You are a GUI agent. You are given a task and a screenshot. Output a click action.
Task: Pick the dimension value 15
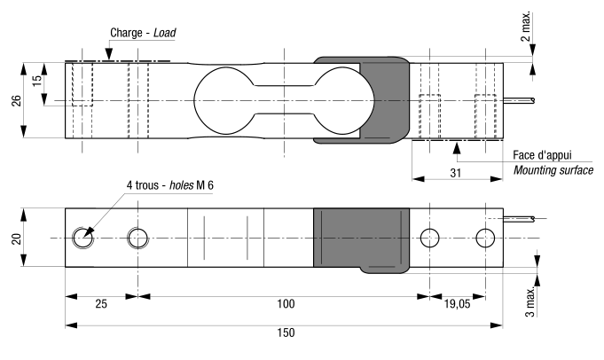tap(35, 81)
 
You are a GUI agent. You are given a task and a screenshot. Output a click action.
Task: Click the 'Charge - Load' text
tap(143, 34)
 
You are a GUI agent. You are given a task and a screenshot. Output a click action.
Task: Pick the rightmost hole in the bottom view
tap(484, 238)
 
